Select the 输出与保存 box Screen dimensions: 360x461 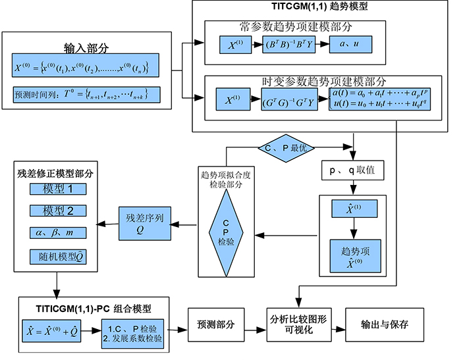click(x=383, y=325)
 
